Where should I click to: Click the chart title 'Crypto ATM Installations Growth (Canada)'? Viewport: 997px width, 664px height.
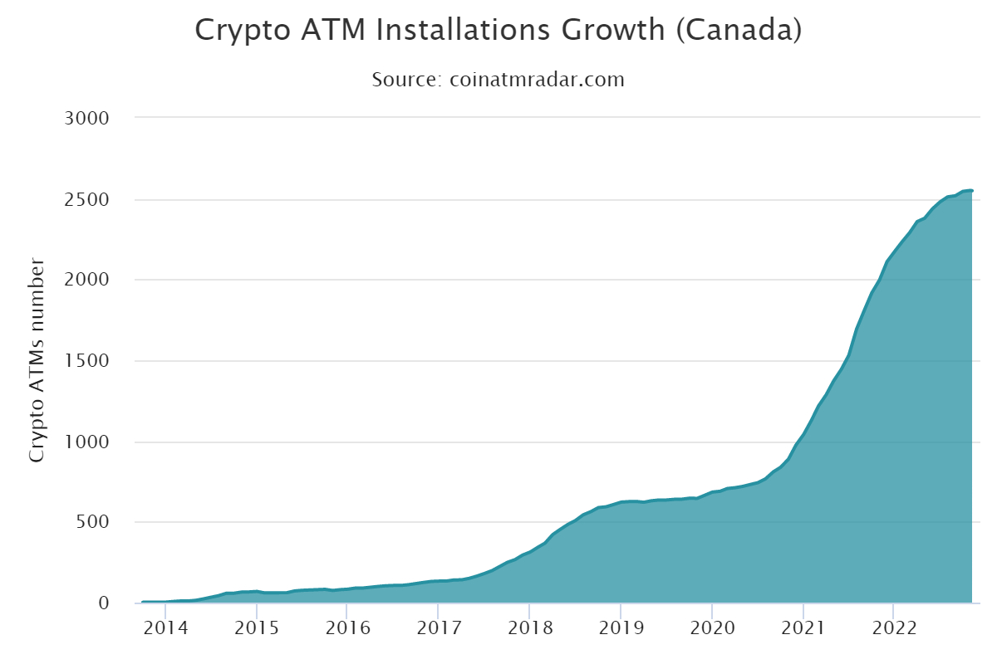tap(498, 31)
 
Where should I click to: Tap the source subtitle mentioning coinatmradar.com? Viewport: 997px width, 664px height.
tap(498, 80)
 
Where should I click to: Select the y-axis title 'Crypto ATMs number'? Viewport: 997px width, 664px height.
tap(37, 360)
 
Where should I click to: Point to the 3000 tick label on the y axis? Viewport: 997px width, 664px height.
tap(87, 117)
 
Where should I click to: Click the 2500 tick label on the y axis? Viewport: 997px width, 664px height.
tap(87, 199)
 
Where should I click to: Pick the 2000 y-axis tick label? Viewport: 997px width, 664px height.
tap(87, 280)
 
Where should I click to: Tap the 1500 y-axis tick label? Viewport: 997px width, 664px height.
tap(87, 361)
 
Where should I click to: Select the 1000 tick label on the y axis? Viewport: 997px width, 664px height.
tap(87, 442)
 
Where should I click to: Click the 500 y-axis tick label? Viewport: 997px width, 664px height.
tap(92, 522)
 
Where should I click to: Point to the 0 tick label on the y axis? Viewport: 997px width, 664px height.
tap(105, 603)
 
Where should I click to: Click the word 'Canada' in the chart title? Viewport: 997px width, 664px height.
tap(737, 31)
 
